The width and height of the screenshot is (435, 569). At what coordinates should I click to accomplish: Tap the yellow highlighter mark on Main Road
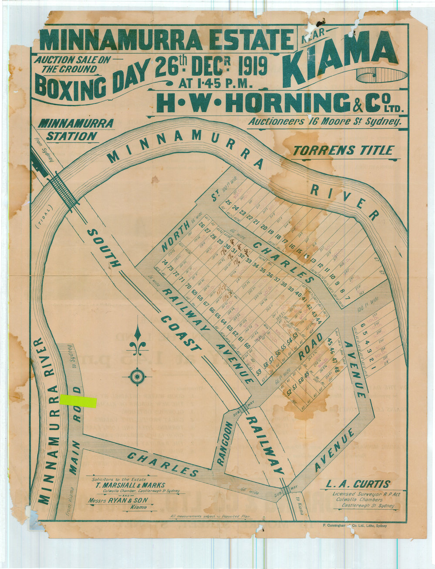click(78, 402)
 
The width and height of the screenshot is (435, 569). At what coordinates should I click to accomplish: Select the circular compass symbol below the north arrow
click(137, 376)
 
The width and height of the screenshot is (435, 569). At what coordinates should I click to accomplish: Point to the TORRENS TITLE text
click(343, 151)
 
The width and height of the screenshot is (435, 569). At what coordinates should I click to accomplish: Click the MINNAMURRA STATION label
click(75, 130)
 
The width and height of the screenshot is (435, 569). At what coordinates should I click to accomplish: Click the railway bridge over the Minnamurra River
click(64, 192)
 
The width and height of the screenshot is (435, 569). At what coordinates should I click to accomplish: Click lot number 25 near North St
click(229, 203)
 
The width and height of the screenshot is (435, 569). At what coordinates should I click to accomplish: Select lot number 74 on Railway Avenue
click(164, 263)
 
